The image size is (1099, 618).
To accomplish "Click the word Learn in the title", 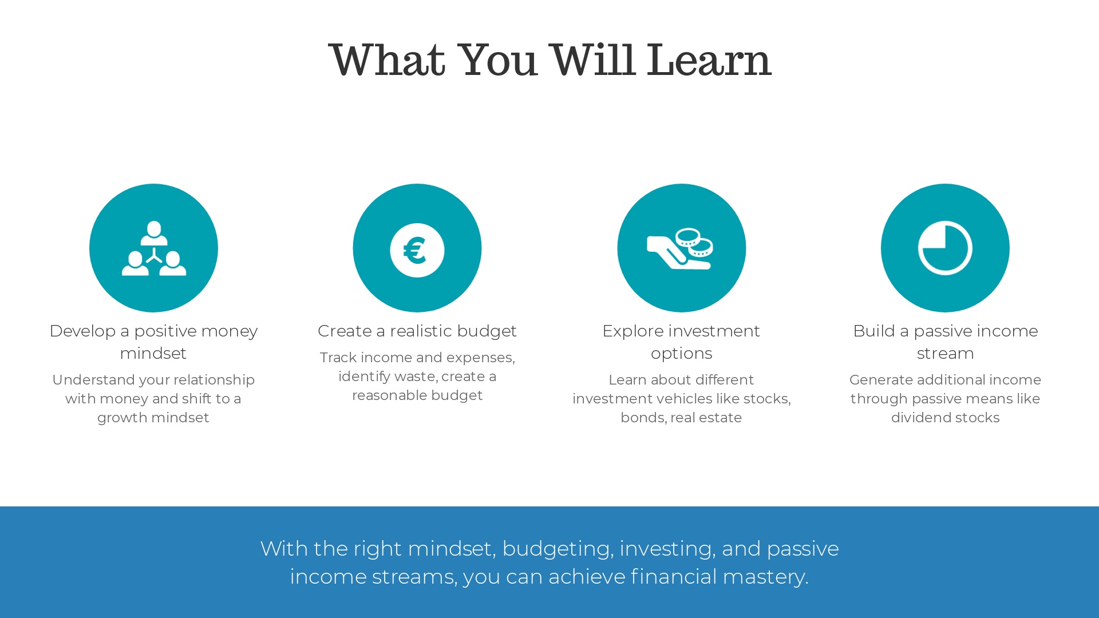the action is pyautogui.click(x=709, y=60).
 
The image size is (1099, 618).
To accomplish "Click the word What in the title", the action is pyautogui.click(x=387, y=60).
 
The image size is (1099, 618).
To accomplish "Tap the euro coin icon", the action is pyautogui.click(x=417, y=250).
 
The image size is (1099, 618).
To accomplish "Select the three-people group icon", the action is pyautogui.click(x=154, y=248).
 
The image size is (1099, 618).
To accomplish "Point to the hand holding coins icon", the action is pyautogui.click(x=681, y=248).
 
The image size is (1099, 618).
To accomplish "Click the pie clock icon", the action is pyautogui.click(x=945, y=248).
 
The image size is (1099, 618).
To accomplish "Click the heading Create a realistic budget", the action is pyautogui.click(x=417, y=331).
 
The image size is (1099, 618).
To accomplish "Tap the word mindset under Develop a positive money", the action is pyautogui.click(x=153, y=353).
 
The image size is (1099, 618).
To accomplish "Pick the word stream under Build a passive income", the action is pyautogui.click(x=945, y=353).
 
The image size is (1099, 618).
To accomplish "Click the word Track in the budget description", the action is pyautogui.click(x=338, y=358).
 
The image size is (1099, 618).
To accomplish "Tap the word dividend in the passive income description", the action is pyautogui.click(x=917, y=418).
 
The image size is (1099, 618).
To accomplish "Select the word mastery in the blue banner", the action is pyautogui.click(x=765, y=577).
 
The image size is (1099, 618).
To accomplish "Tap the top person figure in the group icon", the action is pyautogui.click(x=154, y=233).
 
